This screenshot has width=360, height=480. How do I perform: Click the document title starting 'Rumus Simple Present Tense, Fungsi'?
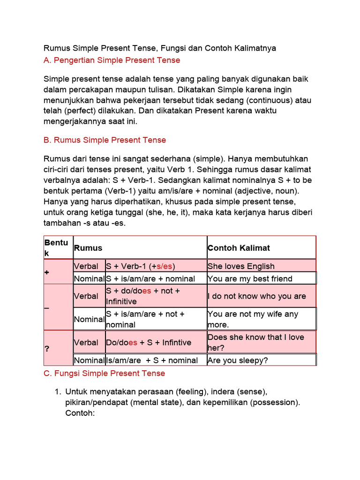tap(160, 48)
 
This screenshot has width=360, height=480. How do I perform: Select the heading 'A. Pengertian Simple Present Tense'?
tap(112, 60)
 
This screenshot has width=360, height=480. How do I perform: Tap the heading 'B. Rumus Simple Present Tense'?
tap(105, 140)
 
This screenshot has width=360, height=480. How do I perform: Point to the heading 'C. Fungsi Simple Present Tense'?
tap(105, 373)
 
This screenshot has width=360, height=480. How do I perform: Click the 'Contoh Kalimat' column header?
tap(239, 247)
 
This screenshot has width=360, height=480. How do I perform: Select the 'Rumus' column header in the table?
tap(88, 247)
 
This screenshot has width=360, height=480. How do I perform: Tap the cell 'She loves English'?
tap(241, 266)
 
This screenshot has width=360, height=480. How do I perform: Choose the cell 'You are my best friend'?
tap(250, 278)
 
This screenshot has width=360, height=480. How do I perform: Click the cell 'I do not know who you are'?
tap(256, 296)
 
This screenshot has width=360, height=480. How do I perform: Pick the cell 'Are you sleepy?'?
tap(237, 360)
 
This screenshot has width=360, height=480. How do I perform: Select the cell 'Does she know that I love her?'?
tap(255, 342)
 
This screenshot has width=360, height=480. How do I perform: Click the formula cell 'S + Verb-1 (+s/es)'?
tap(140, 266)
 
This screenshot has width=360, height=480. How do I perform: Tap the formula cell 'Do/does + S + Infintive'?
tap(149, 342)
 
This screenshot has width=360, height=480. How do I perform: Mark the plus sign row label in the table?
tap(47, 272)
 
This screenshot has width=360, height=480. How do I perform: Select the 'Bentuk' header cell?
tap(56, 247)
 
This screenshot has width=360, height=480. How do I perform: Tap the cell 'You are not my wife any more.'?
tap(253, 319)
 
